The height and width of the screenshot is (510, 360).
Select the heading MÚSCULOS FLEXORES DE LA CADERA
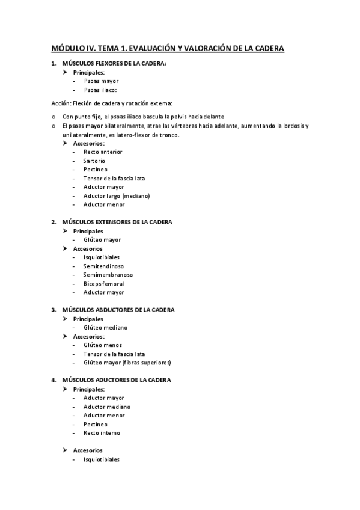click(x=114, y=64)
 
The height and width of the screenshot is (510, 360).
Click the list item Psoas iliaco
click(x=100, y=90)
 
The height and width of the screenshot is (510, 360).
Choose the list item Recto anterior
click(x=103, y=152)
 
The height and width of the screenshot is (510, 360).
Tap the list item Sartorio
click(x=94, y=161)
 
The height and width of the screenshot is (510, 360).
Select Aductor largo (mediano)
click(x=117, y=196)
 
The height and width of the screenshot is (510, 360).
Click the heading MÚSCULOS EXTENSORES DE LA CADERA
click(x=117, y=222)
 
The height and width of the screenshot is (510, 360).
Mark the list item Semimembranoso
click(x=108, y=275)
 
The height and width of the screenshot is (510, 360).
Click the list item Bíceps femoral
click(x=104, y=284)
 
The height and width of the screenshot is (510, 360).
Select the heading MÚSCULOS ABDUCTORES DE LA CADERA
click(x=118, y=310)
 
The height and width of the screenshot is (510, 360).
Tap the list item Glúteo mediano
click(x=106, y=328)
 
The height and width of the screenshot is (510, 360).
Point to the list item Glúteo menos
click(x=103, y=345)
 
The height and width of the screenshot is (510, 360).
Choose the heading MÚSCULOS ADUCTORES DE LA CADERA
click(x=117, y=380)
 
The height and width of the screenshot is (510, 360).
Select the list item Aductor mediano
click(x=107, y=407)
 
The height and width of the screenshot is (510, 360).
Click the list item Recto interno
click(x=102, y=433)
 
